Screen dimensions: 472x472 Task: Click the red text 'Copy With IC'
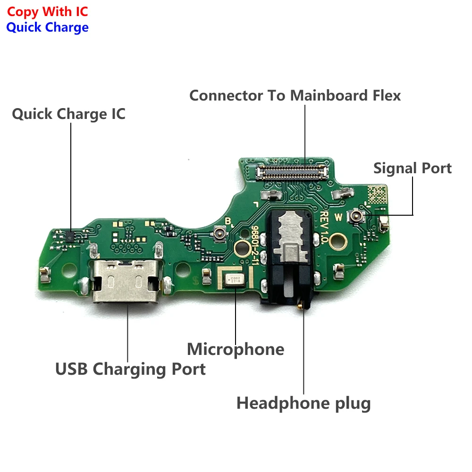(x=47, y=11)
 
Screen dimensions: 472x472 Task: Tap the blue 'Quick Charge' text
(x=47, y=27)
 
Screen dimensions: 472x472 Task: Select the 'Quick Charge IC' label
(x=68, y=114)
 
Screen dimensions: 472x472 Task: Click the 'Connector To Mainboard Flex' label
(x=295, y=95)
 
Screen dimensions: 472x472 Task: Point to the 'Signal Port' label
(x=413, y=168)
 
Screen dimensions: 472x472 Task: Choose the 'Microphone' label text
(x=236, y=349)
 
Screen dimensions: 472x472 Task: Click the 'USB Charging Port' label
(x=130, y=369)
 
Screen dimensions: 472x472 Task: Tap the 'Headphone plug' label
(x=303, y=403)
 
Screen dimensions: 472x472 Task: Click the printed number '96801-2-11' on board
(x=257, y=245)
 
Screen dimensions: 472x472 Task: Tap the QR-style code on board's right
(x=378, y=194)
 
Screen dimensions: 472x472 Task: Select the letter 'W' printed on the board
(x=338, y=218)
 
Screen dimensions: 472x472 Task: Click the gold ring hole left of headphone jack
(x=242, y=246)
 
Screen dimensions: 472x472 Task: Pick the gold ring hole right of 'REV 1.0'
(x=337, y=243)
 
